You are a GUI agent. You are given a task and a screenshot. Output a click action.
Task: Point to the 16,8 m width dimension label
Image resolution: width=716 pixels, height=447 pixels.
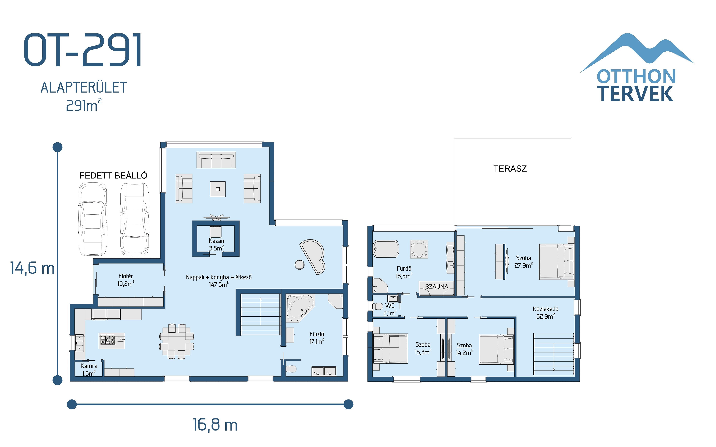(x=215, y=425)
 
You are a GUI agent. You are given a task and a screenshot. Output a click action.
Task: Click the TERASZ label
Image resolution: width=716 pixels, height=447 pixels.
(x=510, y=168)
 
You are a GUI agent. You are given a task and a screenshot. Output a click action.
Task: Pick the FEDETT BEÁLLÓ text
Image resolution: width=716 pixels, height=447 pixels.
(x=113, y=176)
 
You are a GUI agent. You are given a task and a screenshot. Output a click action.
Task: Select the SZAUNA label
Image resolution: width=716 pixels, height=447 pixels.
(x=436, y=286)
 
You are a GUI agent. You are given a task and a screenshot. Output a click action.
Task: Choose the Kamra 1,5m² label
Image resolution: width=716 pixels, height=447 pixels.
(x=89, y=369)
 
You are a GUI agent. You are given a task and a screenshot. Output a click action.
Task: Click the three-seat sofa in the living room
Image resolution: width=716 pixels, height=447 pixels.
(x=216, y=160)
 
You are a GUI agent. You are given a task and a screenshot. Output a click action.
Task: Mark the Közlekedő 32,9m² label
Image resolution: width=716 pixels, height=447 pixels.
(x=545, y=313)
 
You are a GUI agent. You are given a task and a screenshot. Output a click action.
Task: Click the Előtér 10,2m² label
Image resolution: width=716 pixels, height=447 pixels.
(x=126, y=280)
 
